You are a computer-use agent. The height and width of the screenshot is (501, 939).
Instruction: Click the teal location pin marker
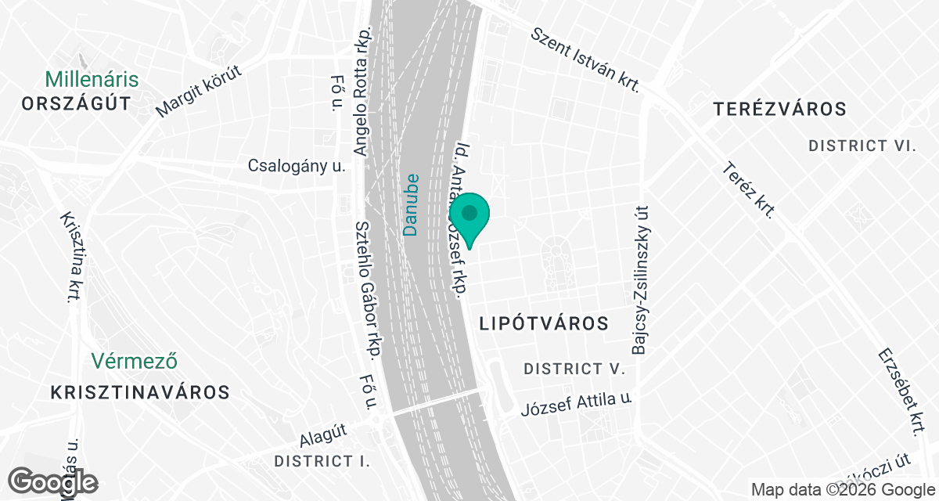pyautogui.click(x=469, y=216)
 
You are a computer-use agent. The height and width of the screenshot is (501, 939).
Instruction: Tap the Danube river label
pyautogui.click(x=411, y=204)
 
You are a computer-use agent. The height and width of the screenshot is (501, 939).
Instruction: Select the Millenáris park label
pyautogui.click(x=92, y=79)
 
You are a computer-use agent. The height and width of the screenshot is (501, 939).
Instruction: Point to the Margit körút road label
pyautogui.click(x=200, y=91)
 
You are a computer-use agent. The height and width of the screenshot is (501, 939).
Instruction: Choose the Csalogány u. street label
pyautogui.click(x=297, y=165)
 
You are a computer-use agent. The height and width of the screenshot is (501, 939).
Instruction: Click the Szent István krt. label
pyautogui.click(x=586, y=59)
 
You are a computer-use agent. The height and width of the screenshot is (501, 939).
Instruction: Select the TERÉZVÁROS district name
pyautogui.click(x=780, y=109)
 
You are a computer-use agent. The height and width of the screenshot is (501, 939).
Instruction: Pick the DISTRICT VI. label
pyautogui.click(x=862, y=146)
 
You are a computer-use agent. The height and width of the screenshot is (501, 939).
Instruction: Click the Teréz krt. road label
pyautogui.click(x=750, y=189)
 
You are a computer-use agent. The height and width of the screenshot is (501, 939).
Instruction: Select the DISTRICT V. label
pyautogui.click(x=574, y=368)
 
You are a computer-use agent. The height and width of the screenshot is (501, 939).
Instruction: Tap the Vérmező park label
pyautogui.click(x=135, y=361)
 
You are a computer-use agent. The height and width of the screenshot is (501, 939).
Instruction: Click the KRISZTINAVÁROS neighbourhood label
pyautogui.click(x=139, y=392)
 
